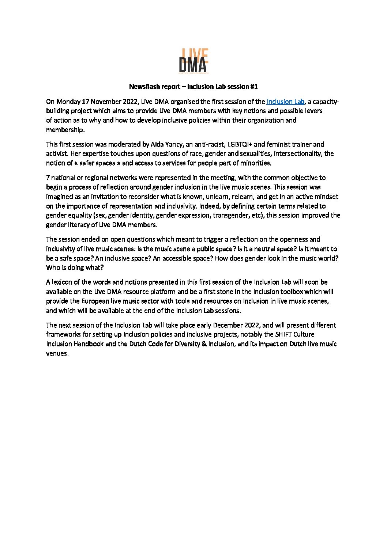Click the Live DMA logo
pyautogui.click(x=193, y=61)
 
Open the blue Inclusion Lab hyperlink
pyautogui.click(x=285, y=102)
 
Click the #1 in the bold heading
pyautogui.click(x=254, y=87)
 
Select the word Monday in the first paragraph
pyautogui.click(x=68, y=102)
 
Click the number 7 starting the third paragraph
pyautogui.click(x=48, y=178)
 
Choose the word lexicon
pyautogui.click(x=63, y=282)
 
